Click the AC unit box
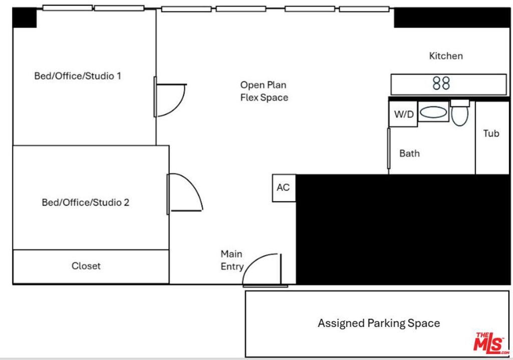pyautogui.click(x=284, y=188)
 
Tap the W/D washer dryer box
pyautogui.click(x=403, y=114)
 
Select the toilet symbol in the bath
pyautogui.click(x=460, y=113)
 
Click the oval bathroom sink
pyautogui.click(x=433, y=112)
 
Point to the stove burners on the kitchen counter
pyautogui.click(x=441, y=83)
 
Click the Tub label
pyautogui.click(x=491, y=133)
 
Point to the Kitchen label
pyautogui.click(x=446, y=56)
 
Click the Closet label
pyautogui.click(x=86, y=266)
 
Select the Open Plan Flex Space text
pyautogui.click(x=264, y=91)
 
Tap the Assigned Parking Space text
pyautogui.click(x=379, y=323)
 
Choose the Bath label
pyautogui.click(x=409, y=153)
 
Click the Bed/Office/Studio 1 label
pyautogui.click(x=78, y=76)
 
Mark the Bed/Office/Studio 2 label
pyautogui.click(x=85, y=203)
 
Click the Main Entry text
pyautogui.click(x=232, y=260)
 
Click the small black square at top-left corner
pyautogui.click(x=25, y=18)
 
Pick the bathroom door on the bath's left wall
pyautogui.click(x=389, y=148)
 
